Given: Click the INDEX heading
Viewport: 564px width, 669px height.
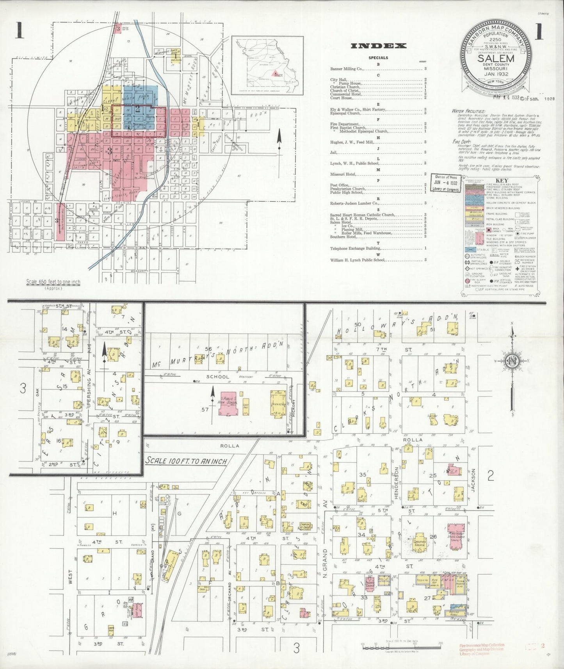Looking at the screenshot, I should point(378,46).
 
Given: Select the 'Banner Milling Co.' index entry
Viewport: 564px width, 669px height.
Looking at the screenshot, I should point(347,69).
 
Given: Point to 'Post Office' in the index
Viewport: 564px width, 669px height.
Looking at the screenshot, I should point(339,185).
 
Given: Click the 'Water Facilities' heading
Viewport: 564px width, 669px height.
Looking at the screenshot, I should point(468,111).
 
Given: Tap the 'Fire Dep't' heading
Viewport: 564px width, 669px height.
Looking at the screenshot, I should point(461,142).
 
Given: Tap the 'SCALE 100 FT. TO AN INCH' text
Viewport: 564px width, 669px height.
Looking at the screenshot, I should point(186,461).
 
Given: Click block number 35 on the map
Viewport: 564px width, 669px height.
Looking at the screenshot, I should point(363,475).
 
